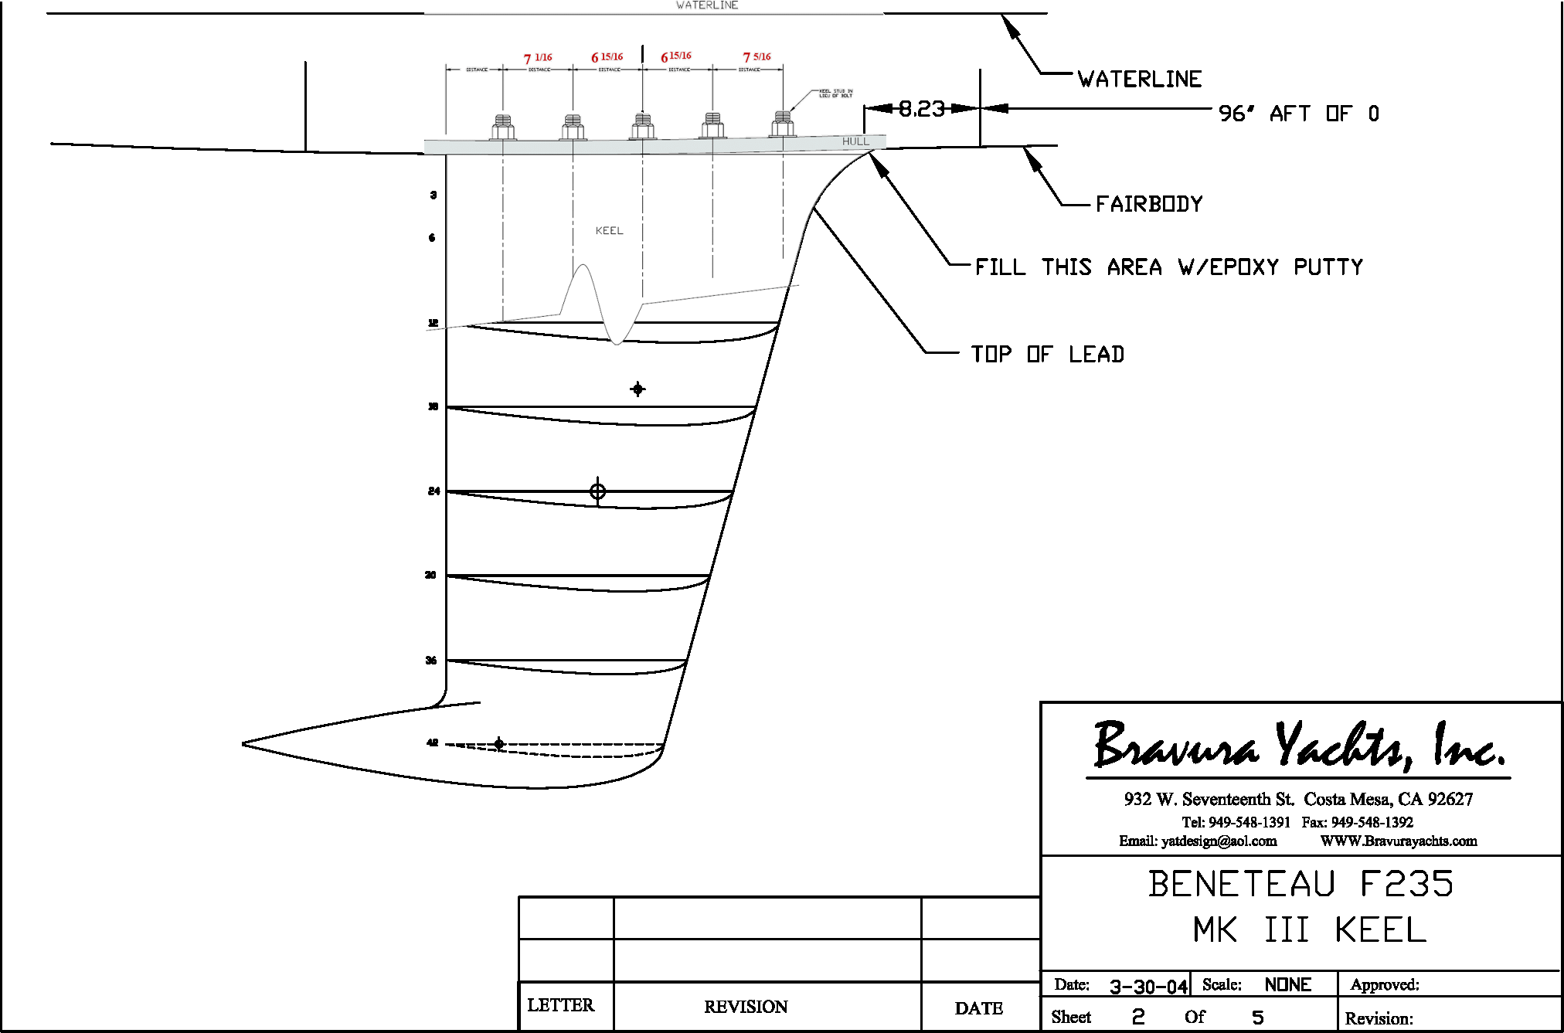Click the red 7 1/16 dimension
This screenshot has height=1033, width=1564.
click(x=538, y=58)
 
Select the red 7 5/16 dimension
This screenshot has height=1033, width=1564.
click(x=756, y=57)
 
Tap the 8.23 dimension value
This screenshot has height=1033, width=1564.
click(x=921, y=109)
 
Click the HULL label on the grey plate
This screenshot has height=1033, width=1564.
click(x=855, y=141)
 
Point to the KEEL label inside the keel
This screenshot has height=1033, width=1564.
click(x=609, y=230)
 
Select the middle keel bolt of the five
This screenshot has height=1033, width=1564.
click(x=642, y=125)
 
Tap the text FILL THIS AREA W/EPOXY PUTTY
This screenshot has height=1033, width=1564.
click(x=1168, y=267)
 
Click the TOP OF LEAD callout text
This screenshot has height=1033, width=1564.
click(x=1047, y=355)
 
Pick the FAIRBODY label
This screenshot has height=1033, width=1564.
click(x=1149, y=205)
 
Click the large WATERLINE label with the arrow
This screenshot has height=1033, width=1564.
click(x=1140, y=80)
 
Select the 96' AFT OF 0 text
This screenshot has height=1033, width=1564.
click(x=1298, y=114)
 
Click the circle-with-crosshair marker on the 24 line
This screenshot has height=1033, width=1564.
click(x=597, y=491)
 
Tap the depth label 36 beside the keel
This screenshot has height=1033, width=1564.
click(x=431, y=660)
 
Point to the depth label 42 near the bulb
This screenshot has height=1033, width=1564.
click(x=432, y=742)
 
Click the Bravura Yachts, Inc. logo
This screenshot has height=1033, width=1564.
click(x=1299, y=746)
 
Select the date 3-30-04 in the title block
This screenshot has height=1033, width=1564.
click(x=1148, y=987)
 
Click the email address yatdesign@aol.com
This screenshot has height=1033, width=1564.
click(x=1198, y=841)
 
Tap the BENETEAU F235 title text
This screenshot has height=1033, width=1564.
click(x=1300, y=884)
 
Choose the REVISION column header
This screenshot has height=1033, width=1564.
click(x=746, y=1007)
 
